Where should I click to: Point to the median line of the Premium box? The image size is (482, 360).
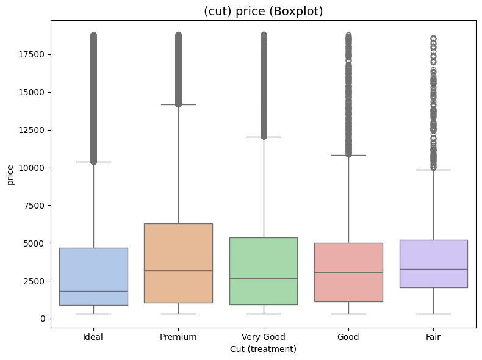[x=178, y=270]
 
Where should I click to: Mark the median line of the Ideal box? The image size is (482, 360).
[x=93, y=291]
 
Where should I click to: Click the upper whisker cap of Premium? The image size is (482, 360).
[x=178, y=104]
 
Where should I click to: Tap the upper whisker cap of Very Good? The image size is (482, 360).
[x=264, y=137]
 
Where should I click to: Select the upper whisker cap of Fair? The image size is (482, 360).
[x=433, y=170]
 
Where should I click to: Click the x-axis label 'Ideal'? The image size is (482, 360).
[x=93, y=337]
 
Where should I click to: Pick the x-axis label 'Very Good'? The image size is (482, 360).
[x=264, y=337]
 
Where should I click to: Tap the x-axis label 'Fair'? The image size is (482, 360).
[x=433, y=337]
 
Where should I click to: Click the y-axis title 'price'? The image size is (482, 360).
[x=10, y=177]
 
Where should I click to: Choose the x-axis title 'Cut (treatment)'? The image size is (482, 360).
[x=263, y=349]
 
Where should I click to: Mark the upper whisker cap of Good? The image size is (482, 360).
[x=348, y=155]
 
